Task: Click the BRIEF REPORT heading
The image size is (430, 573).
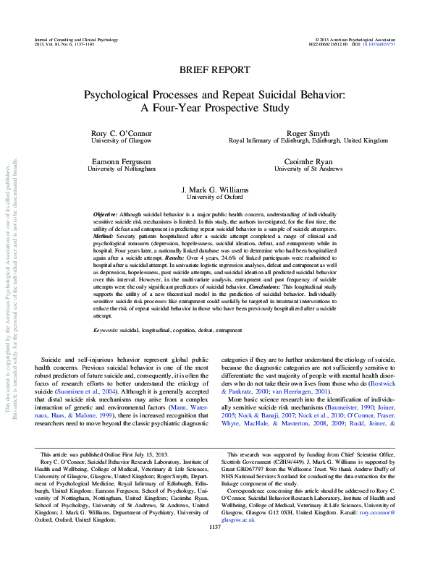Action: pyautogui.click(x=214, y=70)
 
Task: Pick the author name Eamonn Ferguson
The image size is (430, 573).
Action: pyautogui.click(x=122, y=160)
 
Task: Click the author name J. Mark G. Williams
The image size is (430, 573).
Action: pyautogui.click(x=214, y=188)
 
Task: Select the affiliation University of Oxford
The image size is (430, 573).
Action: pyautogui.click(x=214, y=196)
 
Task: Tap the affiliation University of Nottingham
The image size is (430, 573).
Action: pyautogui.click(x=122, y=168)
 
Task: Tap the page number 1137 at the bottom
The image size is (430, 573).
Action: pyautogui.click(x=214, y=527)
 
